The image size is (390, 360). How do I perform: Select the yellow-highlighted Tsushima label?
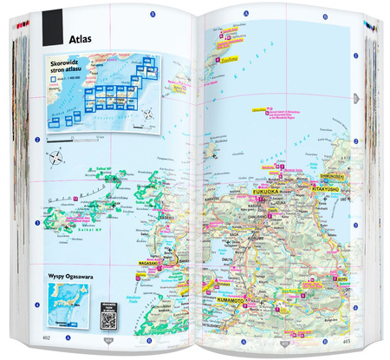223,61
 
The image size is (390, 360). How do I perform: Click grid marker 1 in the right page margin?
358,97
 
